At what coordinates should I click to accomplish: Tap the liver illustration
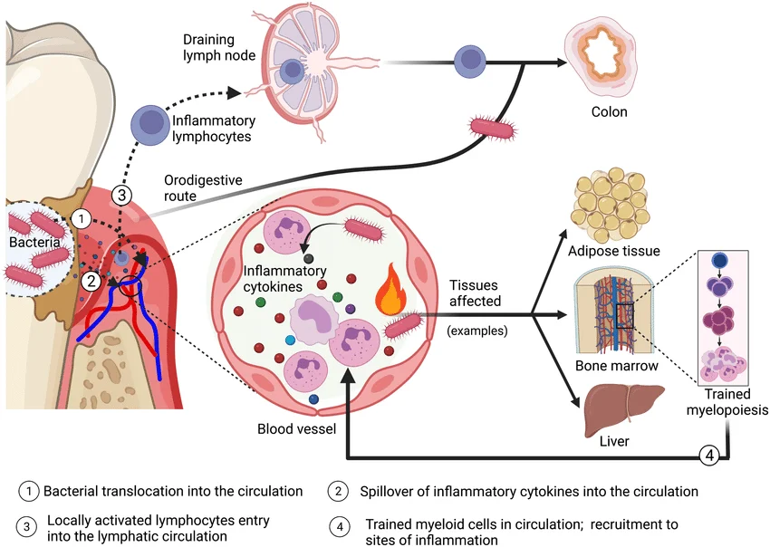(x=621, y=408)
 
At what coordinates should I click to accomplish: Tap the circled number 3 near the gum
(x=121, y=194)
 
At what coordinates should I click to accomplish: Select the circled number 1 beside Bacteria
(x=82, y=218)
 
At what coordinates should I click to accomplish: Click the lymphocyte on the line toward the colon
(x=470, y=61)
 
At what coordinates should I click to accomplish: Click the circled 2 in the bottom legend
(x=337, y=491)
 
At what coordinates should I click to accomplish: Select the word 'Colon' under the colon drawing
(x=609, y=112)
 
